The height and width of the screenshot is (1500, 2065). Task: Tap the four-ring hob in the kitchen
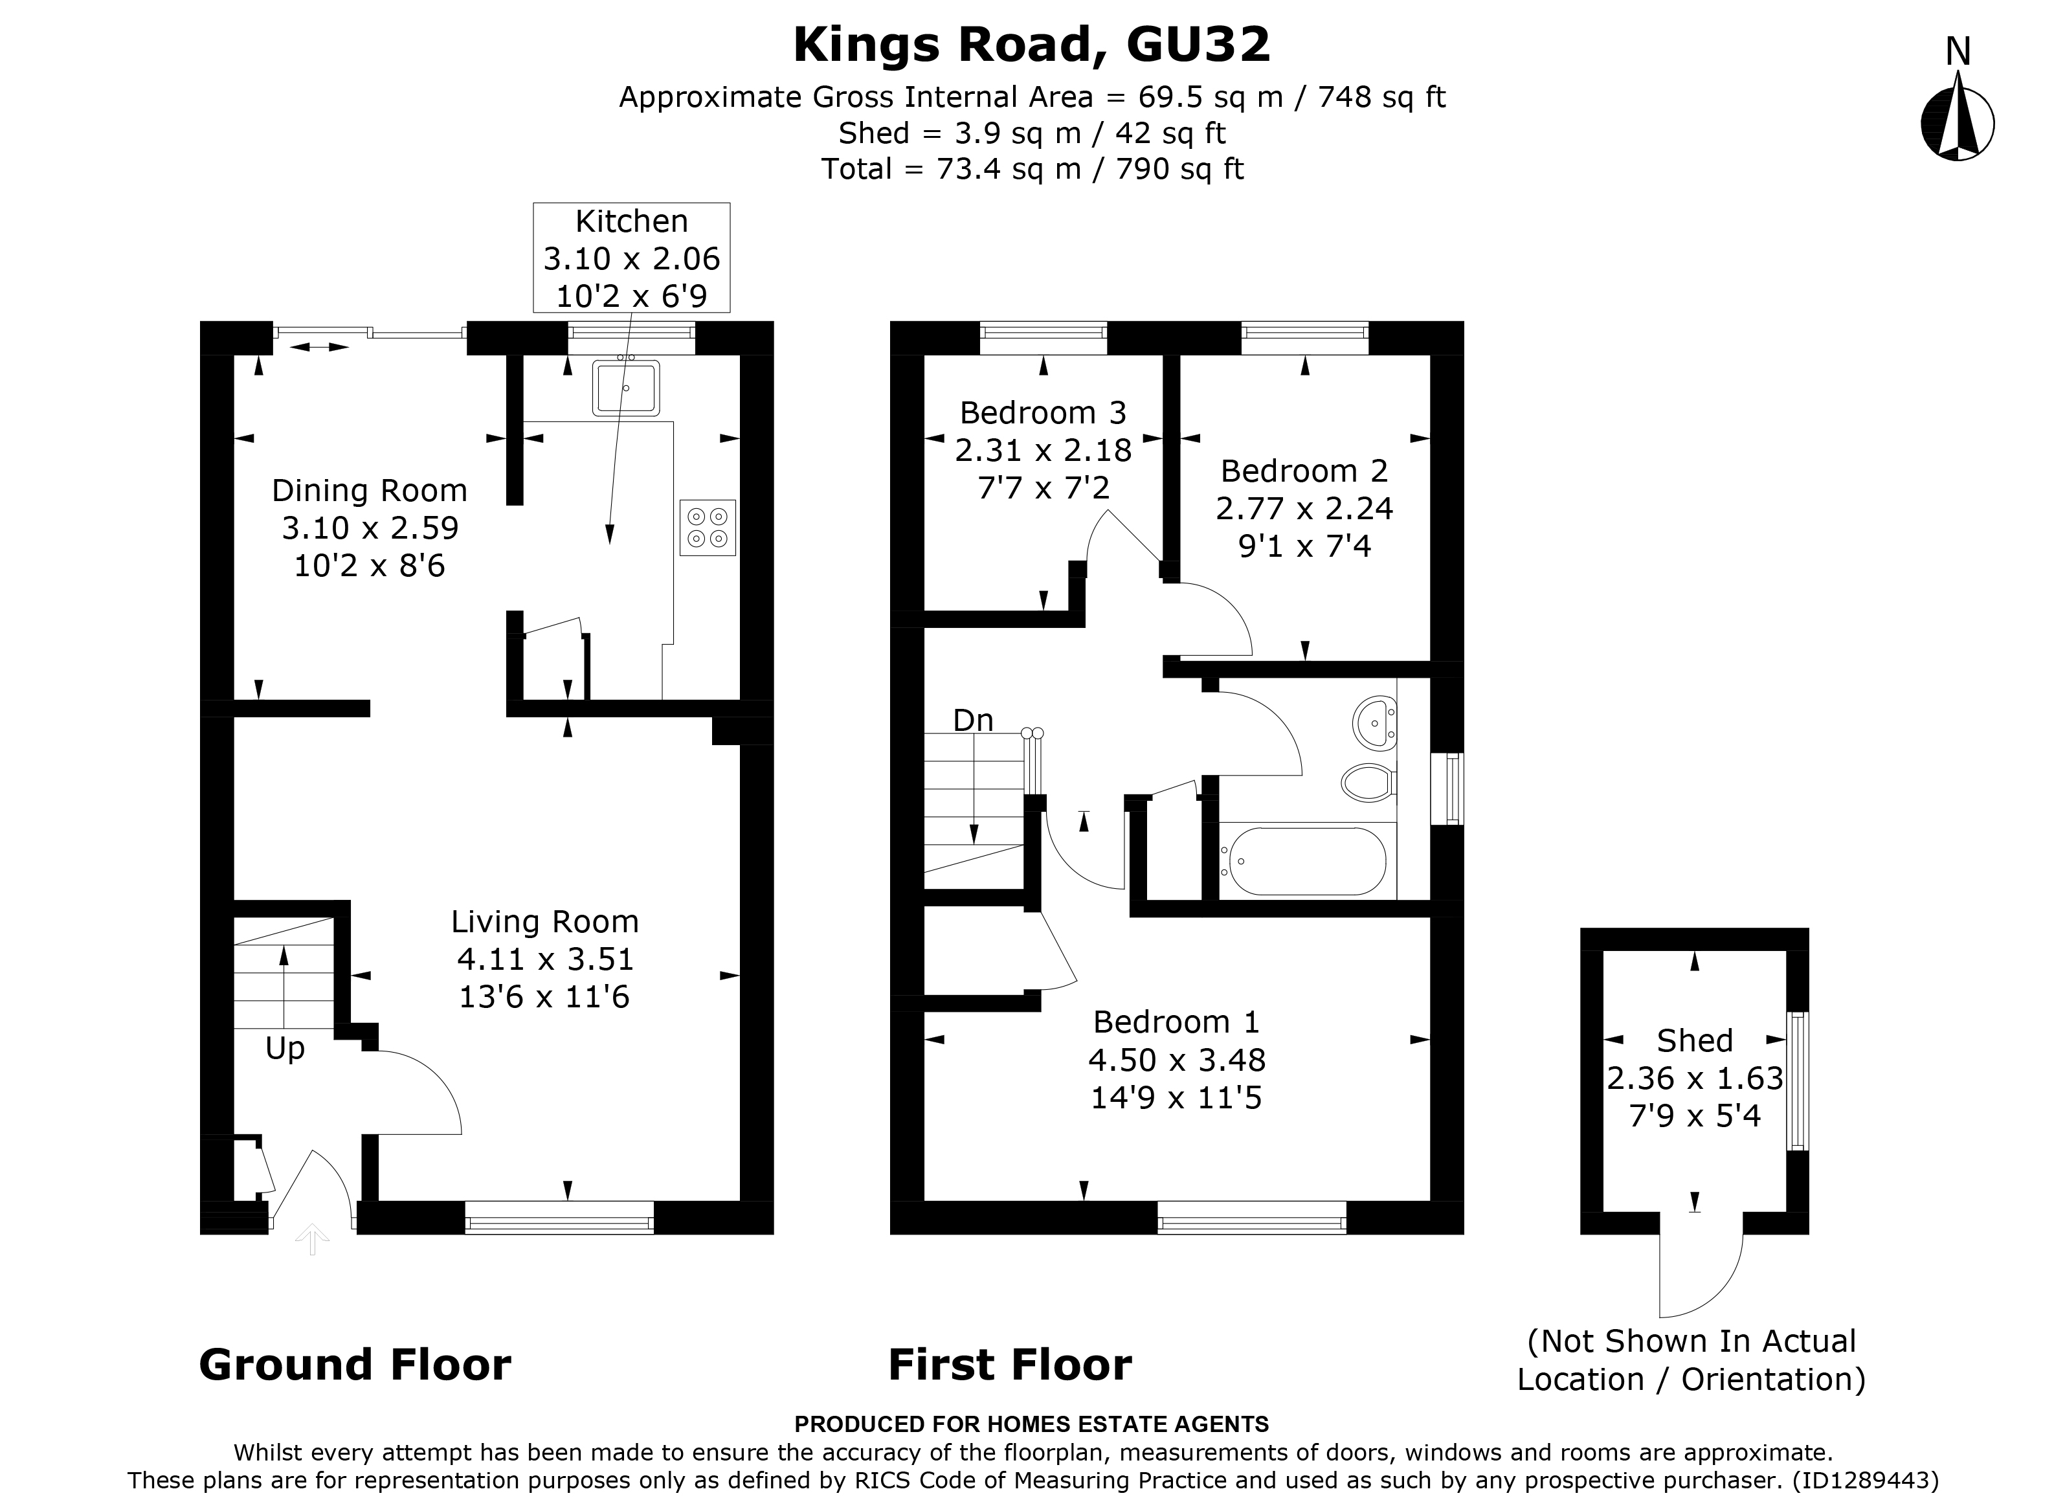click(x=708, y=528)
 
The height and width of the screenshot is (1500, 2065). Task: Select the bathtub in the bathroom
click(x=1303, y=860)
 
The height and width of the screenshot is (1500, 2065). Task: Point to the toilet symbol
click(x=1368, y=781)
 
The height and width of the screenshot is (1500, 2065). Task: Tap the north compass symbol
click(x=1958, y=123)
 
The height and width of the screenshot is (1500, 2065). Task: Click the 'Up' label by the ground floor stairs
click(x=284, y=1048)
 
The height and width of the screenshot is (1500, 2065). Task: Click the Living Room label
click(x=544, y=922)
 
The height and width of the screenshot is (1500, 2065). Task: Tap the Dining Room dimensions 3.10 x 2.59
click(x=370, y=528)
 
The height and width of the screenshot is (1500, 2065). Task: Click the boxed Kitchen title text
click(x=631, y=221)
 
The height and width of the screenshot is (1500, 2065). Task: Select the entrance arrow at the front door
click(x=312, y=1240)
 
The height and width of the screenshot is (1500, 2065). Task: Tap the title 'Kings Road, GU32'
click(x=1032, y=45)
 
